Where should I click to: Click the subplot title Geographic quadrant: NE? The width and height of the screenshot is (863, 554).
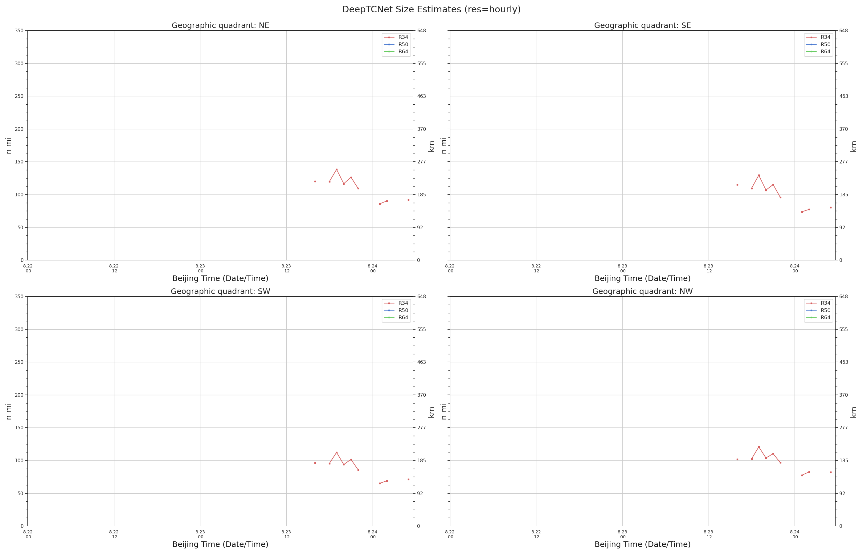click(220, 26)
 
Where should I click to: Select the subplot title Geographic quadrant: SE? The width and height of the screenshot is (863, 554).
click(642, 26)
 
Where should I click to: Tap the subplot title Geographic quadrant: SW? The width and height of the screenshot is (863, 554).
click(220, 291)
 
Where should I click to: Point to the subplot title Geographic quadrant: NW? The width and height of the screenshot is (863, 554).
click(642, 291)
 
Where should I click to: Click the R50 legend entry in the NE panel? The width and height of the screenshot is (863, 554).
click(396, 45)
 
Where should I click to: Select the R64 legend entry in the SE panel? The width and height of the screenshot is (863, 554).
click(818, 52)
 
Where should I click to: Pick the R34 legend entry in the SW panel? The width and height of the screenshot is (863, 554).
click(396, 303)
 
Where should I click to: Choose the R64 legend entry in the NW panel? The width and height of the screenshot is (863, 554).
click(818, 318)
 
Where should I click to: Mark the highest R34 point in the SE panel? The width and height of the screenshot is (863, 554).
click(759, 175)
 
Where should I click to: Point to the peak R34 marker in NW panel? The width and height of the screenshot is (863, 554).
click(759, 447)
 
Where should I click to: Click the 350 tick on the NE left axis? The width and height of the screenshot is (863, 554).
click(19, 30)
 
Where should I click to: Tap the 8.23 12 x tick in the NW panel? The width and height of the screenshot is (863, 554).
click(709, 534)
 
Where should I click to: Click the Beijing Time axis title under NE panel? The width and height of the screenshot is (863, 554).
click(220, 279)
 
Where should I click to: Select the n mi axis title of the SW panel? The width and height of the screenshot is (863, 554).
click(9, 411)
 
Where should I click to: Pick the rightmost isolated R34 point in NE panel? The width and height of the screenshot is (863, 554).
click(408, 200)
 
